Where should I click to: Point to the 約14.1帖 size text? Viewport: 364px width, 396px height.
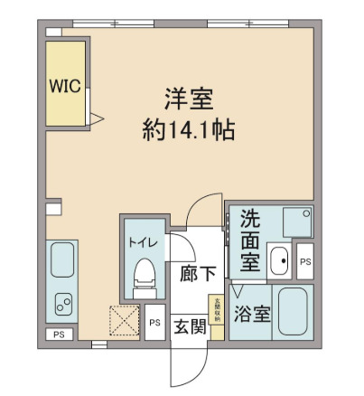[188, 130]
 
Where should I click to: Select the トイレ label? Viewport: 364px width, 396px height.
[140, 241]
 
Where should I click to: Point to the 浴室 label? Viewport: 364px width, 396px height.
[250, 315]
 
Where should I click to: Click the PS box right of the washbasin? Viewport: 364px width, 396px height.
[304, 261]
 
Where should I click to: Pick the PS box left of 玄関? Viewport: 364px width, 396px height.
[154, 322]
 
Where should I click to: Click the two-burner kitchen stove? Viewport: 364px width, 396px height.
[62, 304]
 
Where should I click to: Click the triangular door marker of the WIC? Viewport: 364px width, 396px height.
[98, 116]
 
